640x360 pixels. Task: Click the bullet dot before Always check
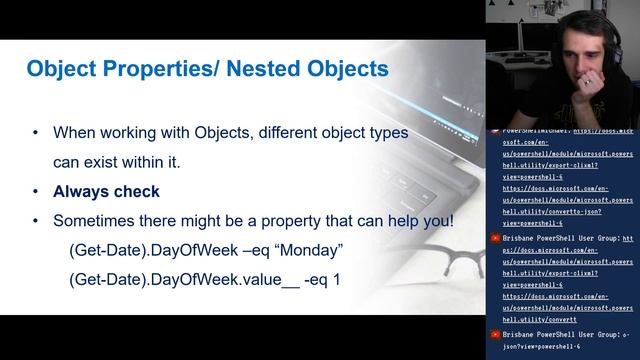point(37,191)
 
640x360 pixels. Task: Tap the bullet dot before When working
point(37,132)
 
